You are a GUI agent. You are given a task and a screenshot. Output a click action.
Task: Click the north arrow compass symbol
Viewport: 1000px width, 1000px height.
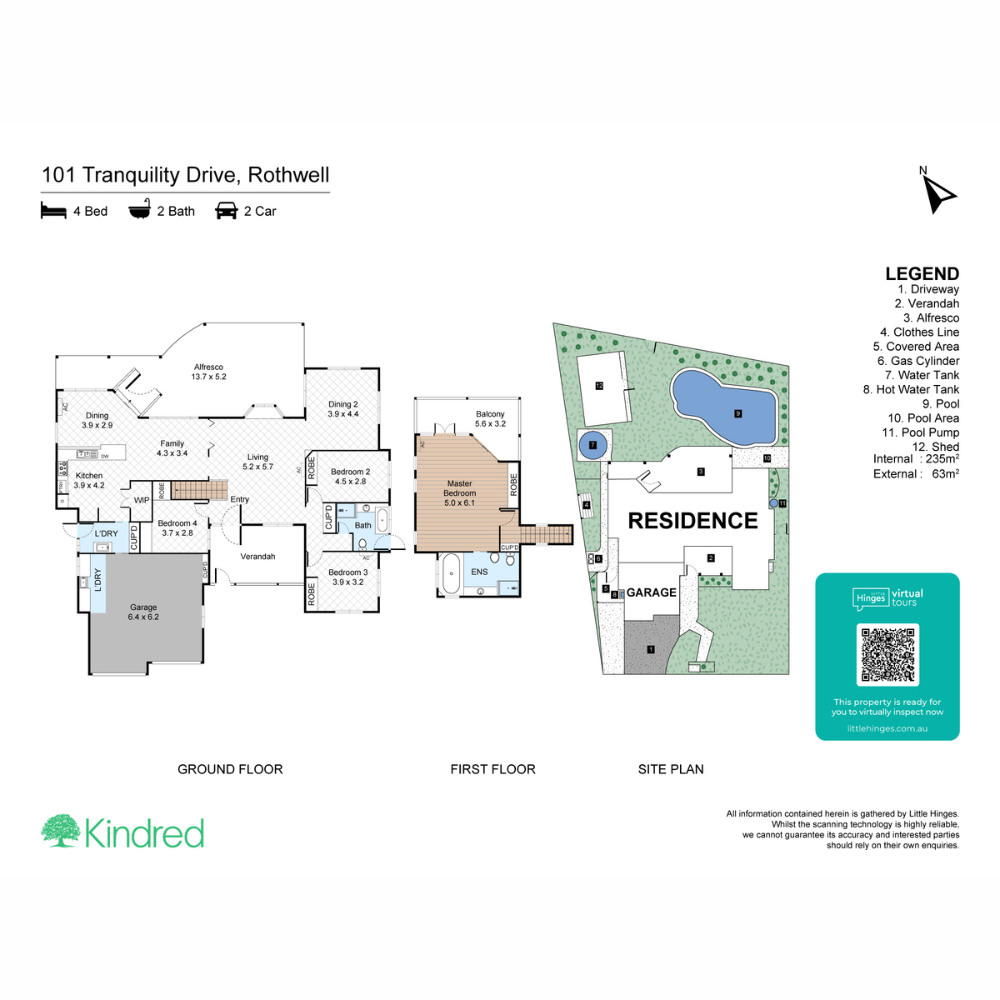click(x=940, y=193)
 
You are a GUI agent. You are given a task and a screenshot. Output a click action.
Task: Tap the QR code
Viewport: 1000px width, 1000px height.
click(x=887, y=655)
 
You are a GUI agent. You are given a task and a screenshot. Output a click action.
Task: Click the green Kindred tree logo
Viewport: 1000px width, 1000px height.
click(x=61, y=831)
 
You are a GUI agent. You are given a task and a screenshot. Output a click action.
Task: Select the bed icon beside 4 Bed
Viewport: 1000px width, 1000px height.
click(x=53, y=211)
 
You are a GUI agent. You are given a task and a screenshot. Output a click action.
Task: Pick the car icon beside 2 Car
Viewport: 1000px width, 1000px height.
click(x=227, y=211)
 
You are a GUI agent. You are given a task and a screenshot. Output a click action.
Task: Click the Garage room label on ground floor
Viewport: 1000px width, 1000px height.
click(x=143, y=612)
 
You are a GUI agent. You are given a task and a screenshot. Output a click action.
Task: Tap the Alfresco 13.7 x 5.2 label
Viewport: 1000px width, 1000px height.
click(x=208, y=372)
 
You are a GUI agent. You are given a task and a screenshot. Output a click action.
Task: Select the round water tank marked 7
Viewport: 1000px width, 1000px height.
click(x=593, y=445)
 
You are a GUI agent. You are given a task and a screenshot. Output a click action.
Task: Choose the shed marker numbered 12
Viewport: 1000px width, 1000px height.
click(x=599, y=386)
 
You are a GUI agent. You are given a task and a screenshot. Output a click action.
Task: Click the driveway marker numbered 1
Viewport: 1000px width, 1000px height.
click(x=651, y=649)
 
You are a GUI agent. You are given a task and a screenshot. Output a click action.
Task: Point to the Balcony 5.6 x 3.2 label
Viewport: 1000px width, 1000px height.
click(x=490, y=418)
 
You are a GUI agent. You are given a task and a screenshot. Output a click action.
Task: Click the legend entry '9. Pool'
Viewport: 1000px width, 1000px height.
click(x=940, y=404)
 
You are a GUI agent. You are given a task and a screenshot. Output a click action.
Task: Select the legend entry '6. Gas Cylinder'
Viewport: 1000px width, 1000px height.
click(x=917, y=361)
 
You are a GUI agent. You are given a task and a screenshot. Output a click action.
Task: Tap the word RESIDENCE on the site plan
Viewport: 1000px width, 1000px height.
click(x=692, y=521)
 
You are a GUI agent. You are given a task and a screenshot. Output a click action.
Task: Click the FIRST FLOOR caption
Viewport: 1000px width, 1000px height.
click(x=492, y=769)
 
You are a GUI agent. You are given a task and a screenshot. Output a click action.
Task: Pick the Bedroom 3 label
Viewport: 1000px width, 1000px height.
click(x=347, y=577)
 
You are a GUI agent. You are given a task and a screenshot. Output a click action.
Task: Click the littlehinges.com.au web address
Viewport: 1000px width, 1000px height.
click(x=887, y=728)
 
